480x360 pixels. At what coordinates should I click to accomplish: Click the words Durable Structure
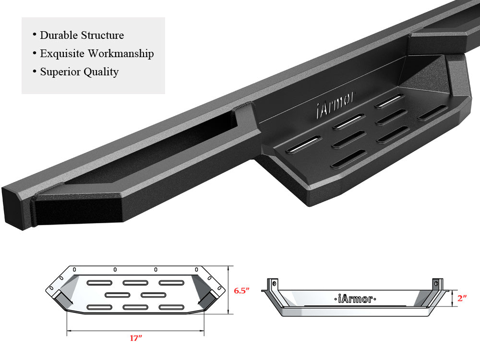[82, 35]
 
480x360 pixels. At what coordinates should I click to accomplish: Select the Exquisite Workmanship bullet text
[96, 53]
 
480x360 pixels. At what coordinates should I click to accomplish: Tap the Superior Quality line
[79, 72]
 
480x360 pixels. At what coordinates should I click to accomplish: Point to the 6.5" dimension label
[241, 291]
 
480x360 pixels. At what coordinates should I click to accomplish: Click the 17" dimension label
[136, 338]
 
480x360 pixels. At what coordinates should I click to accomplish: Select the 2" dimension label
[462, 298]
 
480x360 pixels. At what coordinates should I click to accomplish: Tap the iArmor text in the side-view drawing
[354, 299]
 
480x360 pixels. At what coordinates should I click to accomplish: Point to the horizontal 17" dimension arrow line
[135, 330]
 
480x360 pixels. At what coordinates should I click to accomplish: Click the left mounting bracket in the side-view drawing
[273, 284]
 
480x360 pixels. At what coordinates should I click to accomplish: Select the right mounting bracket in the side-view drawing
[437, 284]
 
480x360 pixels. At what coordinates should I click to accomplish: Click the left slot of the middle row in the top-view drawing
[117, 294]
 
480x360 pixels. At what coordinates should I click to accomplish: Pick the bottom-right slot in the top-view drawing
[171, 307]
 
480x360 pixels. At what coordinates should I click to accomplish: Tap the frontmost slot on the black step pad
[348, 158]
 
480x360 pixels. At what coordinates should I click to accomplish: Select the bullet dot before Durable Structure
[35, 35]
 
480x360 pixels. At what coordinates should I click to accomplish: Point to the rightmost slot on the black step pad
[432, 113]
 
